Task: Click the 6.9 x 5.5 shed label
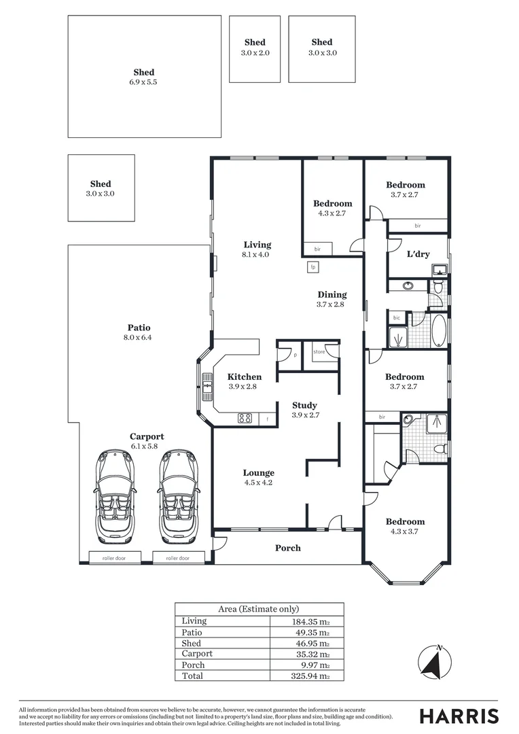click(x=144, y=77)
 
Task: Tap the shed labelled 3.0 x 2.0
click(x=255, y=47)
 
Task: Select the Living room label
click(x=257, y=249)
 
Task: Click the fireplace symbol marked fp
click(x=313, y=267)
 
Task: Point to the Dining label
click(x=332, y=299)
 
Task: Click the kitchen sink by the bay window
click(x=205, y=386)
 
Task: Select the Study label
click(x=304, y=410)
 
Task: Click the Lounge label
click(x=259, y=477)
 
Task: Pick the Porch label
click(x=287, y=548)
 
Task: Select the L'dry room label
click(x=418, y=254)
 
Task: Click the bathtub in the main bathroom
click(x=439, y=331)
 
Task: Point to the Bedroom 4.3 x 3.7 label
click(x=405, y=526)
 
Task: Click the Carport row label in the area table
click(x=197, y=654)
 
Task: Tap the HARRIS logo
click(x=459, y=716)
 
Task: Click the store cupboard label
click(x=319, y=351)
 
